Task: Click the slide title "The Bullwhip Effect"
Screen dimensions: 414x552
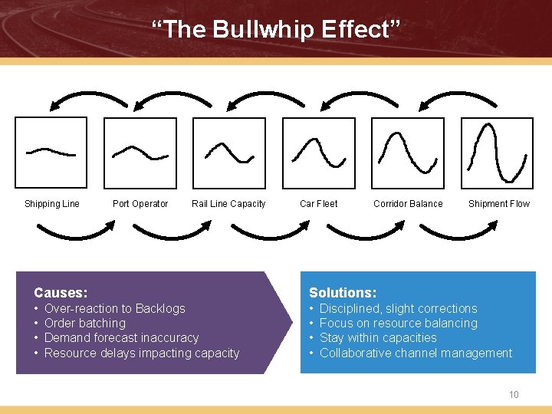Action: tap(275, 30)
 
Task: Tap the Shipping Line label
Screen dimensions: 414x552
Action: tap(52, 204)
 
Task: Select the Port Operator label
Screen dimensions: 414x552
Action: tap(140, 204)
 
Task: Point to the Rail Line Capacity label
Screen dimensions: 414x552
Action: tap(228, 204)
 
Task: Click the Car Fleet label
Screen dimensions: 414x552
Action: tap(318, 204)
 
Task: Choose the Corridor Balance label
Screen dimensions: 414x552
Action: tap(408, 204)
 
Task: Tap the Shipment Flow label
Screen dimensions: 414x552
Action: tap(499, 204)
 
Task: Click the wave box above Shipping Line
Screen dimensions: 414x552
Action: tap(51, 153)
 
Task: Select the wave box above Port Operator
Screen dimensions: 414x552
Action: tap(140, 153)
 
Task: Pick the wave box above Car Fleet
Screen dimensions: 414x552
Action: tap(318, 153)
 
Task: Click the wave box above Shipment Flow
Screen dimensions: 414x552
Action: tap(496, 153)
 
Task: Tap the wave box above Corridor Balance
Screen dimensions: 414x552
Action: tap(407, 153)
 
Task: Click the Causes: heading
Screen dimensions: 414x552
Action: tap(61, 293)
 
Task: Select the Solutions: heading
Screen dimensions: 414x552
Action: tap(343, 293)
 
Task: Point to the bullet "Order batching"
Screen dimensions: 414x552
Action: tap(84, 324)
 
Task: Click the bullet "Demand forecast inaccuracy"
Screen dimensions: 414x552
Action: tap(121, 338)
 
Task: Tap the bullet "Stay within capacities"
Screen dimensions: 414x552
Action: tap(378, 338)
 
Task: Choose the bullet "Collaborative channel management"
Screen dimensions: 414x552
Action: tap(416, 353)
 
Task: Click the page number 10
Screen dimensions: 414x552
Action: tap(514, 395)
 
